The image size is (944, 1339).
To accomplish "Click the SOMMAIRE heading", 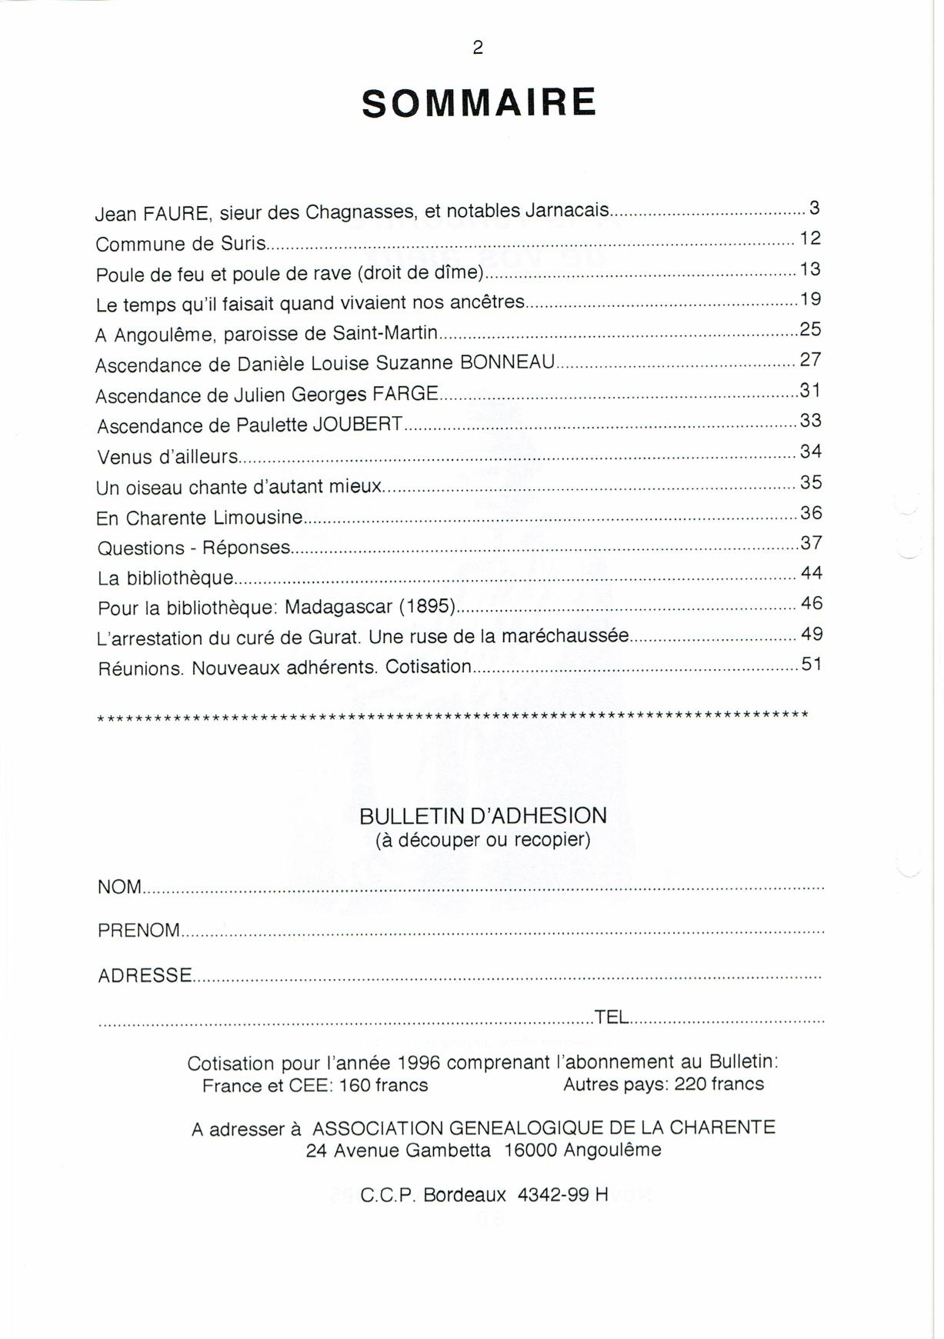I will point(479,104).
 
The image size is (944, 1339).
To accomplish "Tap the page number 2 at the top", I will point(478,48).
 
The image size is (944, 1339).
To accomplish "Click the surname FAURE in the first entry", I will point(177,213).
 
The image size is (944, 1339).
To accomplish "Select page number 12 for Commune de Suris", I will point(810,238).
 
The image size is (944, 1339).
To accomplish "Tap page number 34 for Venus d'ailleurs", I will point(811,451).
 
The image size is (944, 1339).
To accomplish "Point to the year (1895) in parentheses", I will point(427,606).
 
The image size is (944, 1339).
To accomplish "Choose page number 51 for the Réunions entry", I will point(812,664).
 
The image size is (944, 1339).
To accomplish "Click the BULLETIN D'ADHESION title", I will point(483,815).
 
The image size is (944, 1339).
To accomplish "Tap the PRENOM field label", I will point(138,931).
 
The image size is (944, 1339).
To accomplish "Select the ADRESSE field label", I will point(145,975).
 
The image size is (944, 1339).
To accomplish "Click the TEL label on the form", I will point(612,1017).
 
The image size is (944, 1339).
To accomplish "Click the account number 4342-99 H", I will point(563,1195).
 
